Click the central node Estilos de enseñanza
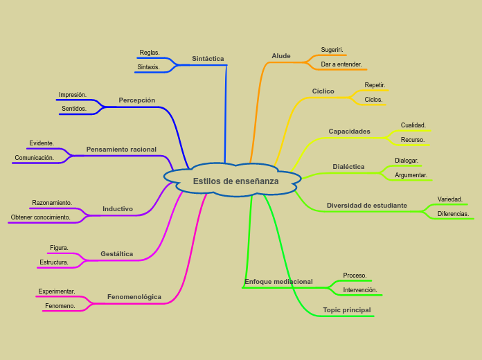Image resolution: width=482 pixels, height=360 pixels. (235, 181)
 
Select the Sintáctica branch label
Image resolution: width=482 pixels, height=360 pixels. (208, 59)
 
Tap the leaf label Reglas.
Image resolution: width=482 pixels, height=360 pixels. (150, 53)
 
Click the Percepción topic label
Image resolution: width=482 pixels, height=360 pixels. (136, 100)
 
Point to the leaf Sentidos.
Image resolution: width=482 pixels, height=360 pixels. (74, 109)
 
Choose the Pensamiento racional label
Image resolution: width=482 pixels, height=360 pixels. (121, 150)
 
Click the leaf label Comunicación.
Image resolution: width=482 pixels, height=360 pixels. (35, 158)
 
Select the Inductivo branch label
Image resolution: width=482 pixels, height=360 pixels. (118, 209)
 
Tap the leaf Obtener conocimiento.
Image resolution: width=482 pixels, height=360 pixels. (41, 217)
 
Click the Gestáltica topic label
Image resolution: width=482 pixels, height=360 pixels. (116, 254)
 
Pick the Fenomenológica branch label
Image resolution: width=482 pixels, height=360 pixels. (134, 297)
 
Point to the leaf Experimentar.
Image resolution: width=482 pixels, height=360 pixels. (57, 291)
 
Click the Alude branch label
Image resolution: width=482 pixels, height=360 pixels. (281, 56)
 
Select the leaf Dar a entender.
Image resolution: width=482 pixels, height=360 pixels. (341, 64)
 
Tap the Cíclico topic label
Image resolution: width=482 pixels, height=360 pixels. (323, 91)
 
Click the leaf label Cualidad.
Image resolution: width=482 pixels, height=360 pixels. (413, 125)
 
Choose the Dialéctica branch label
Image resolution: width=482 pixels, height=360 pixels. (348, 167)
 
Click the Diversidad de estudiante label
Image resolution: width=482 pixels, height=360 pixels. (367, 206)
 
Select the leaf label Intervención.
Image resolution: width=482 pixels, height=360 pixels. (360, 290)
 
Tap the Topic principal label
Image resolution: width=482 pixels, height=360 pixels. (347, 310)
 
